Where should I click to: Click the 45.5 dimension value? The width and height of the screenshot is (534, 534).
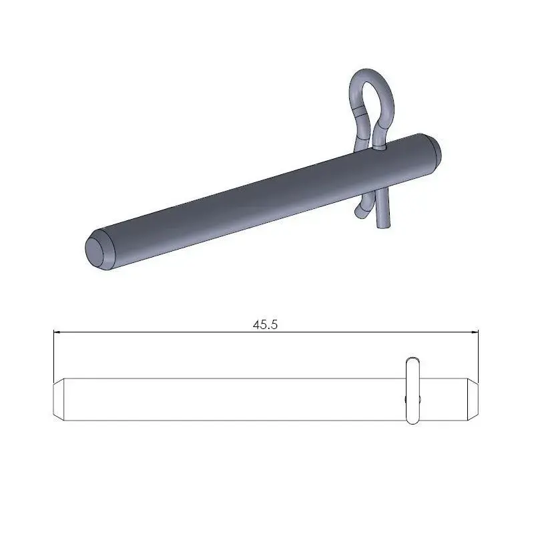coord(265,325)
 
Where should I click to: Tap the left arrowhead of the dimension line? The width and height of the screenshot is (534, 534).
coord(57,332)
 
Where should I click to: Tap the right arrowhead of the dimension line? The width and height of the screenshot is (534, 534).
coord(475,332)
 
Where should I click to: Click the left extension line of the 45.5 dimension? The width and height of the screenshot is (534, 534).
coord(53,354)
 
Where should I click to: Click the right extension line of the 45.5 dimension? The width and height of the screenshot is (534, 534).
coord(479,354)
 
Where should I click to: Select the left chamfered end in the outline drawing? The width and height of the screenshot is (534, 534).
coord(58,400)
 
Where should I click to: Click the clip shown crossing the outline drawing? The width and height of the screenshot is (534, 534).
coord(413,390)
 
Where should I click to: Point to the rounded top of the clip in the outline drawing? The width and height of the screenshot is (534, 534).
coord(413,360)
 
